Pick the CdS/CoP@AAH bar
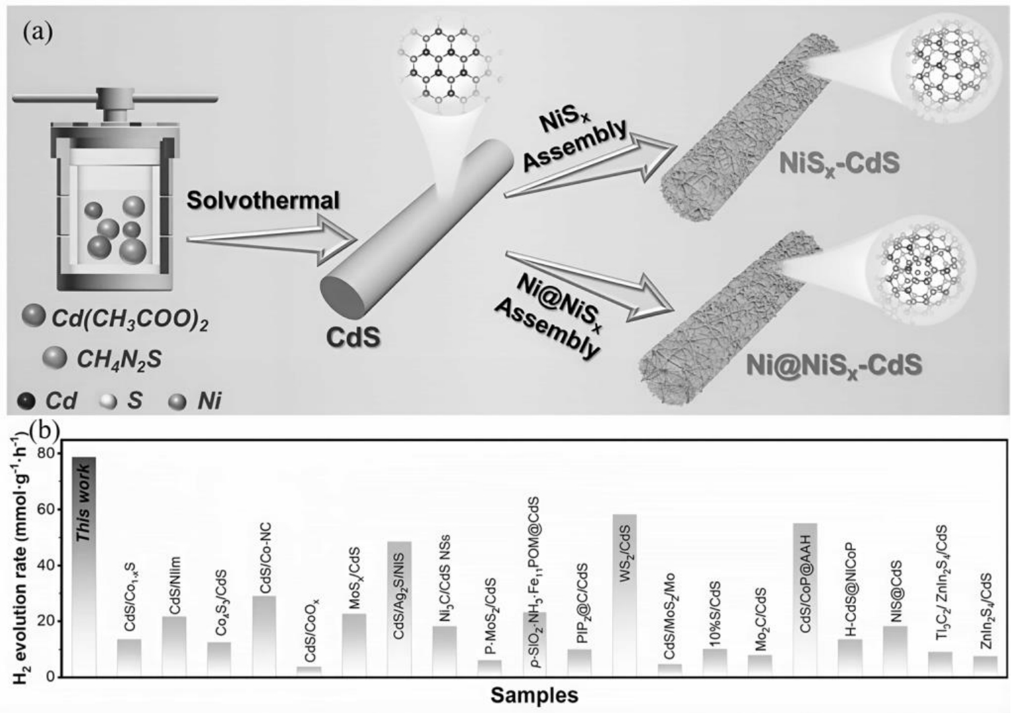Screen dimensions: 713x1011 click(805, 600)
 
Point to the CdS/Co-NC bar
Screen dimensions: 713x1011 click(264, 636)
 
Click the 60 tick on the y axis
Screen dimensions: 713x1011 click(46, 509)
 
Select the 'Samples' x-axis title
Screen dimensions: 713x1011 click(534, 695)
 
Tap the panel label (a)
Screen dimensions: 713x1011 click(38, 32)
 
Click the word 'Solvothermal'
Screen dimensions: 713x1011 click(263, 200)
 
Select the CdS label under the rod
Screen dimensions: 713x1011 click(353, 337)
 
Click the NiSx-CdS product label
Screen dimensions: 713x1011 click(839, 163)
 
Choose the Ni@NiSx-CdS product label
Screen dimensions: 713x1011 click(834, 364)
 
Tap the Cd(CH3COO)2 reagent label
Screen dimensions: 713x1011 click(130, 321)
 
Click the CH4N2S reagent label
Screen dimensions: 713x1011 click(119, 359)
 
